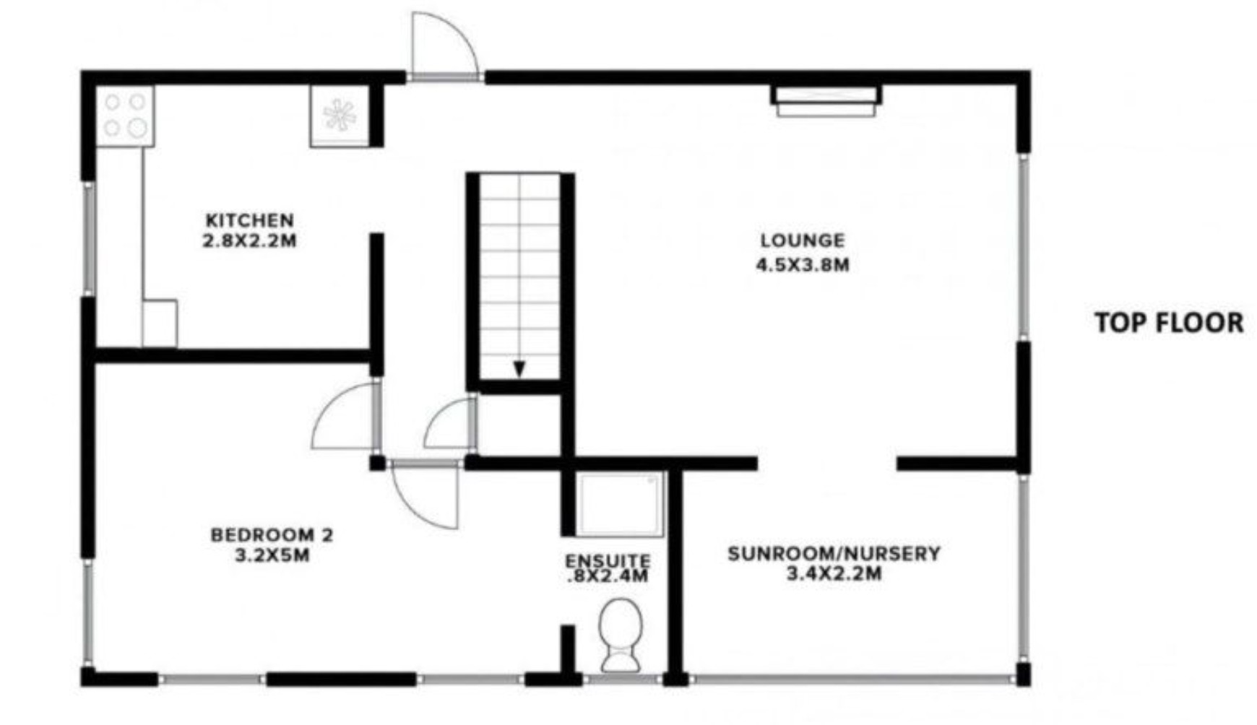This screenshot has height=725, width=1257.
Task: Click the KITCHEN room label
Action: tap(249, 220)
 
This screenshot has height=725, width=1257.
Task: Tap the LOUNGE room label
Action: tap(802, 240)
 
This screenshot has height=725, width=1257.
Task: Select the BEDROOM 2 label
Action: tap(272, 535)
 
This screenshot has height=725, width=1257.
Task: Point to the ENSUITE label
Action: tap(608, 560)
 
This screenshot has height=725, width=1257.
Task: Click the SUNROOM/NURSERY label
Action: tap(834, 554)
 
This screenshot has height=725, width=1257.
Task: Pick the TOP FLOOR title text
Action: tap(1169, 323)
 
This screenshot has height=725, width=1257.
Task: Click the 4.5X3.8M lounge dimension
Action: tap(802, 265)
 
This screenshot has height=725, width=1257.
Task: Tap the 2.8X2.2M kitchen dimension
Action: tap(249, 240)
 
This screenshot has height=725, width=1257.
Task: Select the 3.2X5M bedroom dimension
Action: tap(272, 555)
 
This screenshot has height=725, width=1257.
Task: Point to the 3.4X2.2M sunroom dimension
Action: tap(834, 574)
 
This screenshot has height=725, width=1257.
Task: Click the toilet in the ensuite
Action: tap(621, 634)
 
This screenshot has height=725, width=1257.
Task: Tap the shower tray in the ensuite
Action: tap(620, 504)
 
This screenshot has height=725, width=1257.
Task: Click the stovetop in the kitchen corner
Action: tap(125, 116)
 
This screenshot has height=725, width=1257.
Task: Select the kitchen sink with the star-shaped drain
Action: tap(340, 116)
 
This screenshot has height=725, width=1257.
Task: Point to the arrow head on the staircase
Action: tap(519, 369)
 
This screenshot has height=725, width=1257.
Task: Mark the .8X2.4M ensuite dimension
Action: tap(608, 576)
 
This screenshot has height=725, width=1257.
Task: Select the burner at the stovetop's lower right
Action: tap(137, 129)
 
